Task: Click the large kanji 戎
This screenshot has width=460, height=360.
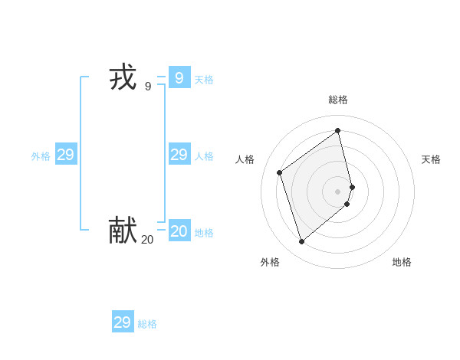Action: pyautogui.click(x=123, y=77)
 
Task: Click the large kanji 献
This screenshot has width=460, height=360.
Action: pyautogui.click(x=123, y=229)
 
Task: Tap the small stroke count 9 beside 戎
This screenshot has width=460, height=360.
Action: pyautogui.click(x=148, y=87)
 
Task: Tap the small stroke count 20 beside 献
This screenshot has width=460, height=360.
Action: pyautogui.click(x=147, y=240)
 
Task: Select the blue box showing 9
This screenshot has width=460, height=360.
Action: pyautogui.click(x=179, y=78)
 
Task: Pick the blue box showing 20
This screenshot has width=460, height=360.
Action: pyautogui.click(x=179, y=231)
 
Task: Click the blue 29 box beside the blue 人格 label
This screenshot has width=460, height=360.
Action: pyautogui.click(x=179, y=155)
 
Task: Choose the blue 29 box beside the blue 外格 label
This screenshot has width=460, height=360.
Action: pyautogui.click(x=66, y=155)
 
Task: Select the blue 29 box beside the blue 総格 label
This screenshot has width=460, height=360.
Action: pyautogui.click(x=123, y=322)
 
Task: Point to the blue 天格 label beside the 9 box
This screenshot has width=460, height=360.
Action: pyautogui.click(x=204, y=80)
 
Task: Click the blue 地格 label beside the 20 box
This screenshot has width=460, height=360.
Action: pyautogui.click(x=204, y=233)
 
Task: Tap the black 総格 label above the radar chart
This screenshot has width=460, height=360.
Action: pyautogui.click(x=338, y=100)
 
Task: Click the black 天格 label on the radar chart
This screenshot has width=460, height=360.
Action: pyautogui.click(x=431, y=159)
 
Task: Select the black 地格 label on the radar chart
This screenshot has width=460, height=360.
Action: pyautogui.click(x=402, y=262)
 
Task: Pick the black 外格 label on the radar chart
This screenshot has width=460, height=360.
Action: pyautogui.click(x=270, y=262)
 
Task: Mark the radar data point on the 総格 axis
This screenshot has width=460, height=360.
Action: pyautogui.click(x=338, y=130)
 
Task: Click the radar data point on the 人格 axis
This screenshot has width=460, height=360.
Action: pyautogui.click(x=280, y=172)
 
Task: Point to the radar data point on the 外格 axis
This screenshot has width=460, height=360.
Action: pyautogui.click(x=301, y=242)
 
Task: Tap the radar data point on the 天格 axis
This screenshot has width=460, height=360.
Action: pyautogui.click(x=352, y=187)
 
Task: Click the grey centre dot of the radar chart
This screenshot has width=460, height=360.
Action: pyautogui.click(x=338, y=191)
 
